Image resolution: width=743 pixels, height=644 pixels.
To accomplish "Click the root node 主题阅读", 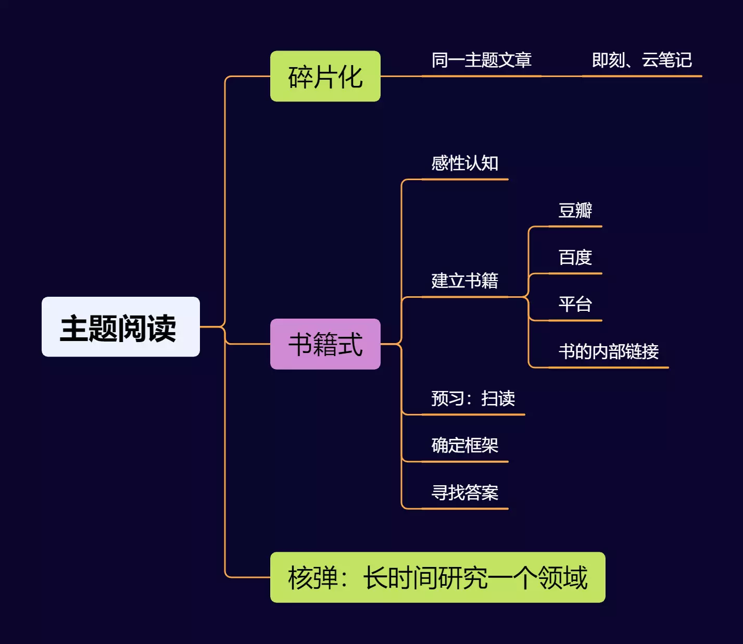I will [x=120, y=327].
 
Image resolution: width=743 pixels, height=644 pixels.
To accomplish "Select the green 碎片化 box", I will [x=325, y=77].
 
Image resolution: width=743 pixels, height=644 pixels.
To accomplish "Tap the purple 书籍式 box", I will [x=325, y=344].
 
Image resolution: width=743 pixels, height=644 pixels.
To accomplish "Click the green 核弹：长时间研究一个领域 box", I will [x=437, y=577].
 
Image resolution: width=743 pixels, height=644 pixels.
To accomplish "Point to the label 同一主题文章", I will [x=481, y=60].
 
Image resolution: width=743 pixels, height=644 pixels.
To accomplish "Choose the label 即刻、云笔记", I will [x=641, y=60].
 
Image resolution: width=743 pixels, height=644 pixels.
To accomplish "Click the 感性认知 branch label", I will [x=464, y=163].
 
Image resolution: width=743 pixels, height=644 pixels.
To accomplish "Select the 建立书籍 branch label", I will [x=464, y=281].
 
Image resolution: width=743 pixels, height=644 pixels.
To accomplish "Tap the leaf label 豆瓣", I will [x=575, y=211].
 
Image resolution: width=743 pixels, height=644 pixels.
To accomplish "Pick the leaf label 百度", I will [x=575, y=258].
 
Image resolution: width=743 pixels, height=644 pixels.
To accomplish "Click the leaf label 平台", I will [x=575, y=305].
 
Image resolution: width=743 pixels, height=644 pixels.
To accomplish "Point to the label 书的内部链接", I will [x=608, y=352].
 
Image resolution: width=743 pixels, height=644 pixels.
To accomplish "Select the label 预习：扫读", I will [x=473, y=399].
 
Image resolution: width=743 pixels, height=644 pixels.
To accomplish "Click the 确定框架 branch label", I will [x=464, y=446].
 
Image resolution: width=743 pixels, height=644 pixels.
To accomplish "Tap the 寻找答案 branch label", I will [x=464, y=493].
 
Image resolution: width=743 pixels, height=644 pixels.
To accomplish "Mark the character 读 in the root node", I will [x=162, y=329].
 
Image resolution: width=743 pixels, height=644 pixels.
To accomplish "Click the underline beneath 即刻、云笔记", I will [x=641, y=76].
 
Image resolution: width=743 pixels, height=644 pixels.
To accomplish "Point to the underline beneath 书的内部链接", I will [x=608, y=368].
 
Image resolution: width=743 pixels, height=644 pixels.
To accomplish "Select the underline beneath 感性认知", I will [x=464, y=179].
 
